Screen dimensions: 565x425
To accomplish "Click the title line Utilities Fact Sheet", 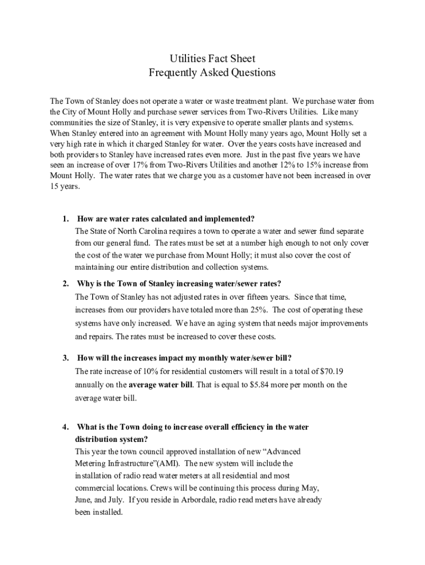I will click(212, 58).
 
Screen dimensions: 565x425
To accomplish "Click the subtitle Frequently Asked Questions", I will click(212, 72).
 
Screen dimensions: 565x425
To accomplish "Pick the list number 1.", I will click(65, 218).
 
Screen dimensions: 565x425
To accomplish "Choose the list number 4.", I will click(65, 427).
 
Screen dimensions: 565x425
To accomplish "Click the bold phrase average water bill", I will click(161, 385).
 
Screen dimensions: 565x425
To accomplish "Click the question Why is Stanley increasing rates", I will click(179, 284).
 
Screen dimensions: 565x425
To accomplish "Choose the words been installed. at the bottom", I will click(99, 512).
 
